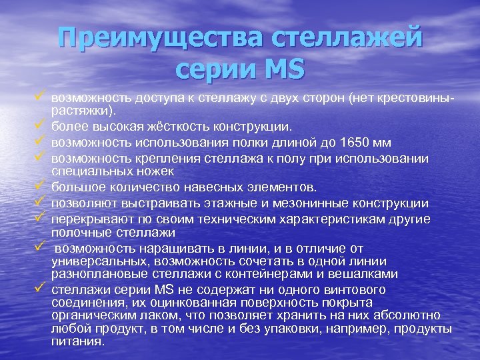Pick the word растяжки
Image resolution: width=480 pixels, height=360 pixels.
pos(81,109)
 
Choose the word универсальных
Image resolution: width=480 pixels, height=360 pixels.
pos(94,262)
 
